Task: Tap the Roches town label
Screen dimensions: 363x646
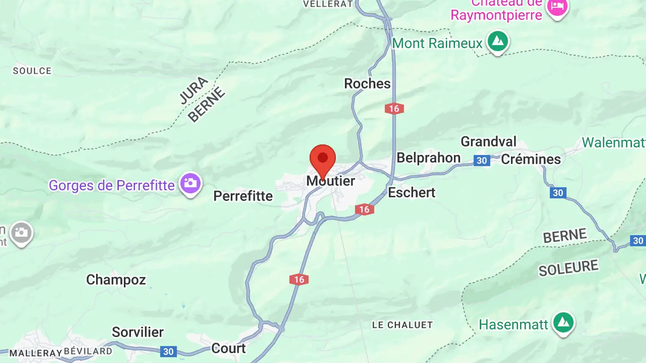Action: coord(367,84)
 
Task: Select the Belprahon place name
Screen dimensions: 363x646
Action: coord(428,158)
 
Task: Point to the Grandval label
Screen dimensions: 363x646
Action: coord(489,142)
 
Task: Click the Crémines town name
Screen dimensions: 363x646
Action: coord(531,159)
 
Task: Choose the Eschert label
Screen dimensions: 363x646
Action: coord(411,193)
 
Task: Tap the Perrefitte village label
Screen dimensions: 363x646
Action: coord(243,196)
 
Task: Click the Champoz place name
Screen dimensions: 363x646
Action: coord(116,280)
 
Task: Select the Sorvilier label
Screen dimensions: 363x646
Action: coord(137,332)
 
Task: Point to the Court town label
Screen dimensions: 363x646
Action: coord(228,348)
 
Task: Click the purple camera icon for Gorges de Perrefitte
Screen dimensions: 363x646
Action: coord(190,183)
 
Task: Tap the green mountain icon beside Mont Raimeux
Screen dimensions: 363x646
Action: coord(497,42)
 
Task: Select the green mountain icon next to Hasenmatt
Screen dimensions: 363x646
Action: coord(563,323)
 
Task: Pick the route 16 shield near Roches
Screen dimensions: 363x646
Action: coord(394,108)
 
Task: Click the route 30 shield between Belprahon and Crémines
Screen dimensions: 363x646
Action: coord(481,160)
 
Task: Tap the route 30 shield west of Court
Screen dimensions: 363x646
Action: coord(168,351)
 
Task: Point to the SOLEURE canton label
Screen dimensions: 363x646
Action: coord(568,268)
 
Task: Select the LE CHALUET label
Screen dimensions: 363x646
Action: coord(402,325)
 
